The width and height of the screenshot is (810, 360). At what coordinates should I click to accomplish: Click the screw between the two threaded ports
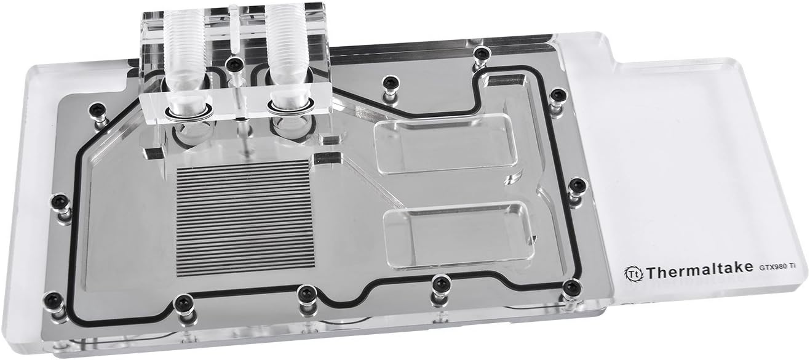click(x=232, y=63)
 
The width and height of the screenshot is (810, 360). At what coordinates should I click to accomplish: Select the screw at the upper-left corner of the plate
click(x=96, y=109)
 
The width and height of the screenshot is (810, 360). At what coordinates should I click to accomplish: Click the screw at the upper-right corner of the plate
click(x=557, y=95)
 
